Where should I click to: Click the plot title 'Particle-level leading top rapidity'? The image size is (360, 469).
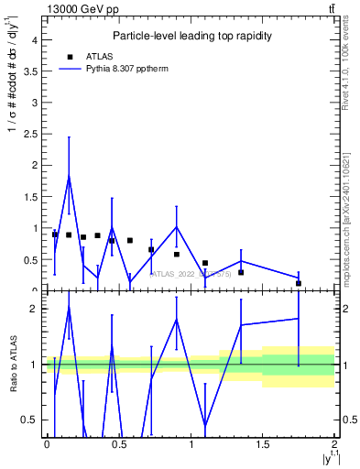(190, 36)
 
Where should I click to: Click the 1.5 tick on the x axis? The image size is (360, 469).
(263, 443)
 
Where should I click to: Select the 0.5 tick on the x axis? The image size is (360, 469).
(118, 443)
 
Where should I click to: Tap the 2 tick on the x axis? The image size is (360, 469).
(335, 443)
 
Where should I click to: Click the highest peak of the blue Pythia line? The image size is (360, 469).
(69, 176)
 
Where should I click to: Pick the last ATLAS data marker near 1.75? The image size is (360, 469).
(299, 283)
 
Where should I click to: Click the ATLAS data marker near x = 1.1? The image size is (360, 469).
(205, 263)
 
